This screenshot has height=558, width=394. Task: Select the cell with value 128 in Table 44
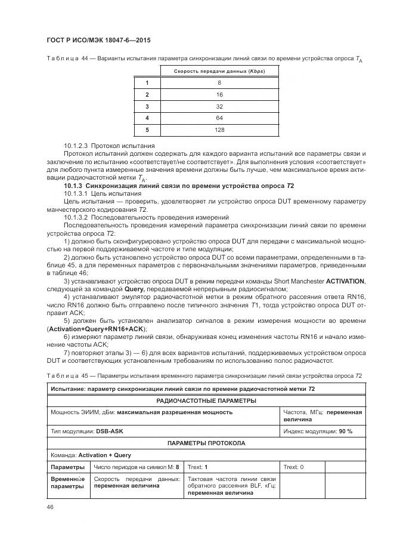[219, 129]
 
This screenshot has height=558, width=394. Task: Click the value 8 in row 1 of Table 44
[219, 83]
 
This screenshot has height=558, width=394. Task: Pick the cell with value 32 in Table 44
[219, 106]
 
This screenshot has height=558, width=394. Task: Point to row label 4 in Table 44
[147, 118]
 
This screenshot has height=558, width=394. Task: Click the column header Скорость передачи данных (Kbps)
[219, 71]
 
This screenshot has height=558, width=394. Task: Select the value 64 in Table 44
[219, 118]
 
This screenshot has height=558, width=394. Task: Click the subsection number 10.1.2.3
[77, 146]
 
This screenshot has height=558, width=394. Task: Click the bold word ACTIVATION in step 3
[342, 280]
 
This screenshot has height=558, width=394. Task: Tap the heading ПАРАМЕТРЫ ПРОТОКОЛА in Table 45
[206, 443]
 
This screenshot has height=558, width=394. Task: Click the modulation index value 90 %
[345, 431]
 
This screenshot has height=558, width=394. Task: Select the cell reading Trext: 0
[294, 467]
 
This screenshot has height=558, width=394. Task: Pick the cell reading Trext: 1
[197, 467]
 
